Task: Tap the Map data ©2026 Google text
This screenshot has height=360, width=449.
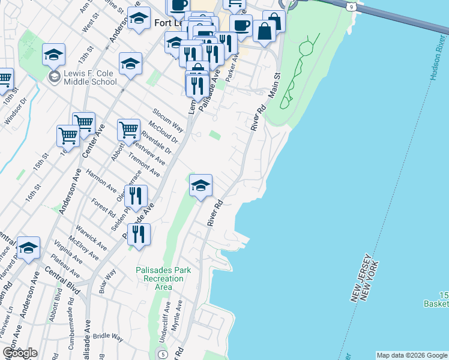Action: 412,355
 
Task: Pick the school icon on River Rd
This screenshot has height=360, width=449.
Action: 201,185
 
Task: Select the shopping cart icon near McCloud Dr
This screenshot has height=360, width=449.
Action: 129,129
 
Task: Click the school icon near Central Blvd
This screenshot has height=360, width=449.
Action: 28,248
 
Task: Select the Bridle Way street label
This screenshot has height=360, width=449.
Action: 108,337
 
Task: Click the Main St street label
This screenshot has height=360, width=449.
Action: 275,85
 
